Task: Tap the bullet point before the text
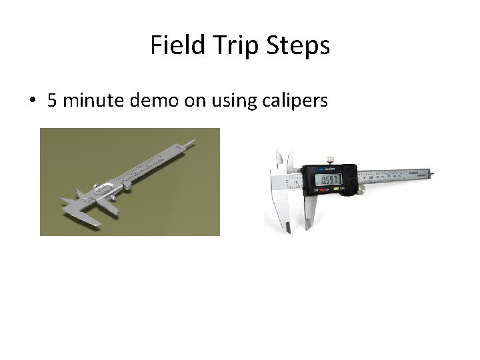[31, 101]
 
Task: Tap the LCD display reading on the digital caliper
[330, 179]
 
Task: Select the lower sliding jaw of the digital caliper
[311, 213]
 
